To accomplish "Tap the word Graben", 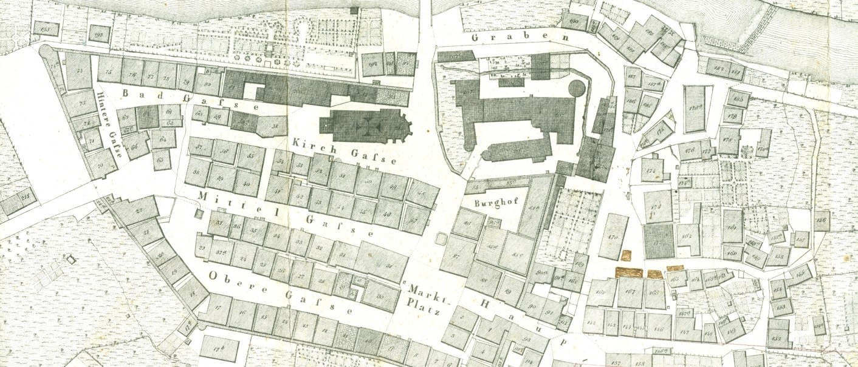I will pos(520,38).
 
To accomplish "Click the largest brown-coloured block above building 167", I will pos(629,272).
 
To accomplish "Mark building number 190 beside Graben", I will pos(575,21).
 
